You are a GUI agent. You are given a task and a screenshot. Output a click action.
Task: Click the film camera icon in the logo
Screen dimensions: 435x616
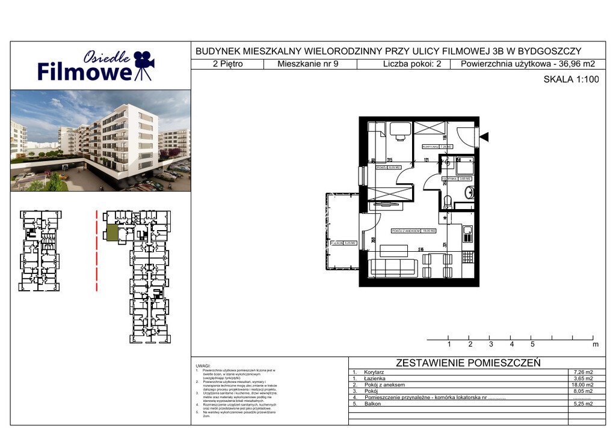[x=143, y=64]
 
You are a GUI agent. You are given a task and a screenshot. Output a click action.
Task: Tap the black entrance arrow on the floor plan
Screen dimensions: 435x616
[x=484, y=138]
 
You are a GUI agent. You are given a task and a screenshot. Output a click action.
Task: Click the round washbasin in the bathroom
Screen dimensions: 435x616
[x=470, y=193]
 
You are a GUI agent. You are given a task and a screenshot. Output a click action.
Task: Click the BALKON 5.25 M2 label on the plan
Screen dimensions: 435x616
[x=343, y=243]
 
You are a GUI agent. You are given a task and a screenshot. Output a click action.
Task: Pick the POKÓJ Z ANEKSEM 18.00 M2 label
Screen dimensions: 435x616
[x=413, y=231]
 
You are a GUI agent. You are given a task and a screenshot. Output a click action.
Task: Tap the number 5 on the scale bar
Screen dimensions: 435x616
[x=532, y=345]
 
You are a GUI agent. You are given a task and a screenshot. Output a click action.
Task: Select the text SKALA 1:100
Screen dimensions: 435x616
[x=571, y=78]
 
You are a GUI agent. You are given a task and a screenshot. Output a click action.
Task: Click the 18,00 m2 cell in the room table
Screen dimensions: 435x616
[x=581, y=385]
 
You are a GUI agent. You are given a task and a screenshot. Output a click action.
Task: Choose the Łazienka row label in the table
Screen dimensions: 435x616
[x=374, y=379]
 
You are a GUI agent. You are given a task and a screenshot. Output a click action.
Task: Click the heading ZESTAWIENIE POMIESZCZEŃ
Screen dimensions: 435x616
[x=468, y=363]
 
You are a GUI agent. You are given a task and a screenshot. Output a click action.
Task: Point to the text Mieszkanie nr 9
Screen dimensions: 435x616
[x=309, y=64]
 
